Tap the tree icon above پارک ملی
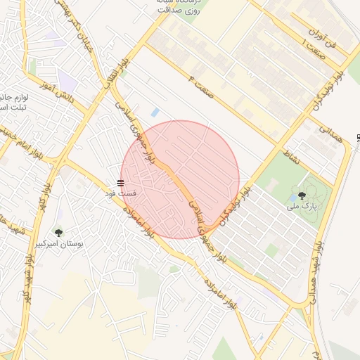pyautogui.click(x=302, y=195)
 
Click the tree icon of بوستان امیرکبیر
pyautogui.click(x=58, y=232)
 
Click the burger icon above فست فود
pyautogui.click(x=120, y=183)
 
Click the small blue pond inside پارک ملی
pyautogui.click(x=292, y=198)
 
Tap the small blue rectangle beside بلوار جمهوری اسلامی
pyautogui.click(x=155, y=112)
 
